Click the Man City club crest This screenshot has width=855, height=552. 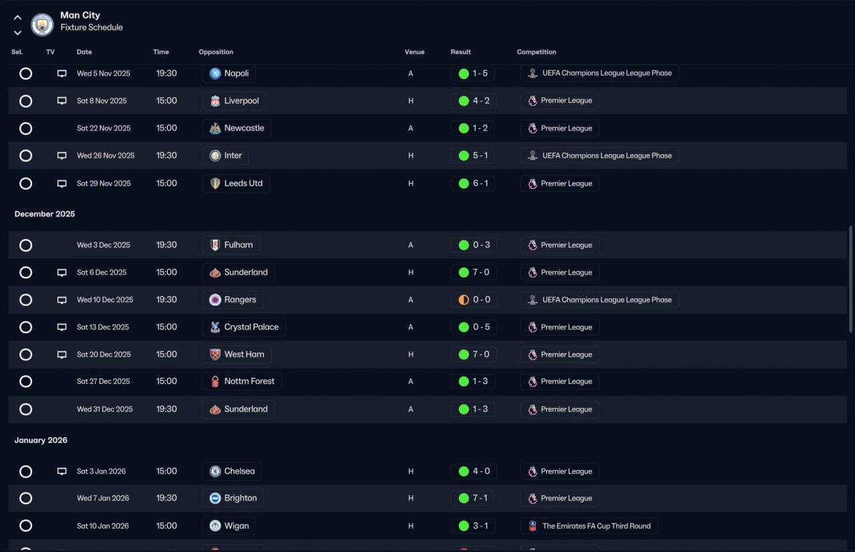point(42,25)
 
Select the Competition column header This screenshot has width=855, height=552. point(536,52)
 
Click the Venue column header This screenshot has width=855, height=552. point(415,52)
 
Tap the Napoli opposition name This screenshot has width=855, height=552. point(236,73)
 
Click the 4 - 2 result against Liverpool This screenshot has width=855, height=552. point(481,101)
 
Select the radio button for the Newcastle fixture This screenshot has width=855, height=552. point(25,129)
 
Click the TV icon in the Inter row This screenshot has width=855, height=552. point(62,156)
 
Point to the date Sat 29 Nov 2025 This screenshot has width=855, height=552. point(104,184)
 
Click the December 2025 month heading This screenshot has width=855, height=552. point(45,214)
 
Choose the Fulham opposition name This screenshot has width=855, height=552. point(238,245)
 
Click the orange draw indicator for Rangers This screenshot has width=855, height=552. point(464,300)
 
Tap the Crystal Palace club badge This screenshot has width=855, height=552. point(215,327)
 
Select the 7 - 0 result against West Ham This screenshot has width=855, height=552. point(481,354)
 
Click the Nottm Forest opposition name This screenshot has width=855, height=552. point(249,381)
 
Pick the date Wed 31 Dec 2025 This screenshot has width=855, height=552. point(105,409)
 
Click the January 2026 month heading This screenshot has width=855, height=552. point(41,441)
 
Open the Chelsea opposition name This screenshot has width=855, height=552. point(239,471)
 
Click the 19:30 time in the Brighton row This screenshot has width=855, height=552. point(166,498)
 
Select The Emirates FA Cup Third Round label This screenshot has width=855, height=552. point(596,526)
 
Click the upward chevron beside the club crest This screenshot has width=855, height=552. point(17,17)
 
